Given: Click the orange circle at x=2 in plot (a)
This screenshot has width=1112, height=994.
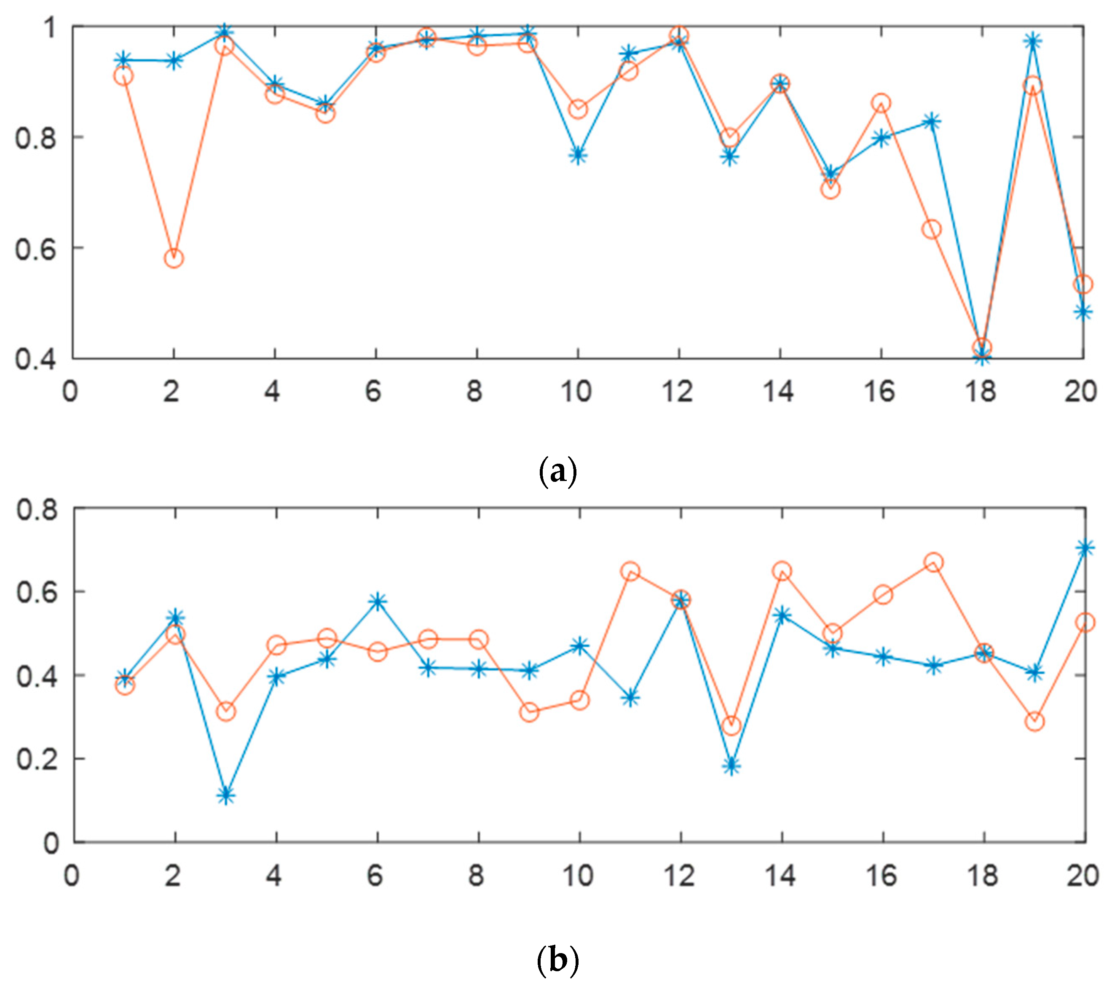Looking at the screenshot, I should (174, 258).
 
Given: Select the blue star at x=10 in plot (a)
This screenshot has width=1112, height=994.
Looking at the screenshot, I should (578, 156).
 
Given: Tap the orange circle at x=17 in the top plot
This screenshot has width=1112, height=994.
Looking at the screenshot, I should (932, 229).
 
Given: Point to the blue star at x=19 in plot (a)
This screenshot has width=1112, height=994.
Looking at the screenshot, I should (1032, 41).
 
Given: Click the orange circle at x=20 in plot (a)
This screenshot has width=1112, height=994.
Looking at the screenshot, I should (1083, 284).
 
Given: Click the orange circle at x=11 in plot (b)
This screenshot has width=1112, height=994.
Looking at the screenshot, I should (630, 571).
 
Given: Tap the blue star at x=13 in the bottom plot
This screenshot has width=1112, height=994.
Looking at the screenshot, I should (732, 766).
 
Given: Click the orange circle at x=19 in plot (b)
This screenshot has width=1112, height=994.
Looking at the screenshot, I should (1034, 721).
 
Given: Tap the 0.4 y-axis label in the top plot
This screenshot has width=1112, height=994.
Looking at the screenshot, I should (35, 360).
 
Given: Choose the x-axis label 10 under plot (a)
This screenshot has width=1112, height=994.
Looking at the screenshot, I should (576, 392).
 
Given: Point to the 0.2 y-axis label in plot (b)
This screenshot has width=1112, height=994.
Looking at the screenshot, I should (37, 760).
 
